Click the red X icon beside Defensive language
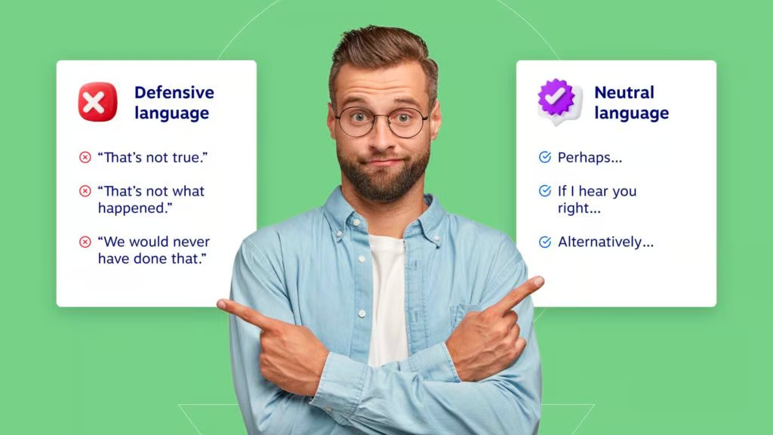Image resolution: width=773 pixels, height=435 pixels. point(97,102)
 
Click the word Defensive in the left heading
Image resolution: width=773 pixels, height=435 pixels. point(174,92)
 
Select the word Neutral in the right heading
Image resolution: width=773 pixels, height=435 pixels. point(624,92)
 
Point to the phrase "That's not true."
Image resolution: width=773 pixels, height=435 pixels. point(153,158)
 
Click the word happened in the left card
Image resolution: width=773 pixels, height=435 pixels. point(131,208)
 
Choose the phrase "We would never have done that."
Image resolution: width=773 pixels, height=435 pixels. point(153,251)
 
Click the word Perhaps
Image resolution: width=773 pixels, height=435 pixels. point(589,158)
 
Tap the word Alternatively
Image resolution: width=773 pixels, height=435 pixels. point(605,242)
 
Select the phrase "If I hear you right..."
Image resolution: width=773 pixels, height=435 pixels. point(596,199)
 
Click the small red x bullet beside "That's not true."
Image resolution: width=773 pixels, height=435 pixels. point(85,158)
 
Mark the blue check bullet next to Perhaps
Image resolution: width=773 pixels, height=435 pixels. point(544,157)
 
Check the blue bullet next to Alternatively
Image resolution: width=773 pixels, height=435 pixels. point(544,242)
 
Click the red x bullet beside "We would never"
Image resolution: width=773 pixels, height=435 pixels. point(85,242)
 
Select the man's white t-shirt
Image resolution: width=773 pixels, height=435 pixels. point(386,295)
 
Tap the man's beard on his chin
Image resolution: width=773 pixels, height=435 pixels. point(383,185)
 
